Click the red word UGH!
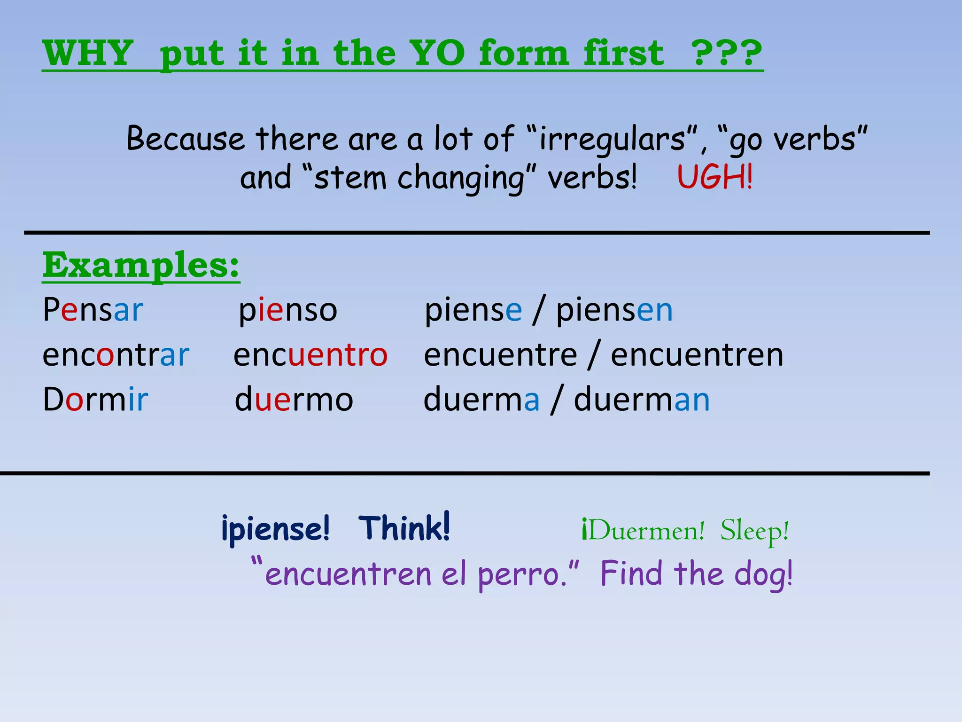click(x=714, y=177)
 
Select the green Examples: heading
click(x=141, y=266)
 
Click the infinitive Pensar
click(x=93, y=310)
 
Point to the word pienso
click(x=288, y=311)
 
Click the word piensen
click(x=614, y=311)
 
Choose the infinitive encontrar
click(x=116, y=355)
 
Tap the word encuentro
click(x=310, y=355)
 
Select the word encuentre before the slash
click(x=500, y=355)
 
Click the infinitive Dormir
click(x=95, y=400)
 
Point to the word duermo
click(x=294, y=400)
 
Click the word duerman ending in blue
click(x=642, y=400)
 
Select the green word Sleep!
click(x=754, y=531)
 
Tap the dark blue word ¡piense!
click(x=275, y=529)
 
